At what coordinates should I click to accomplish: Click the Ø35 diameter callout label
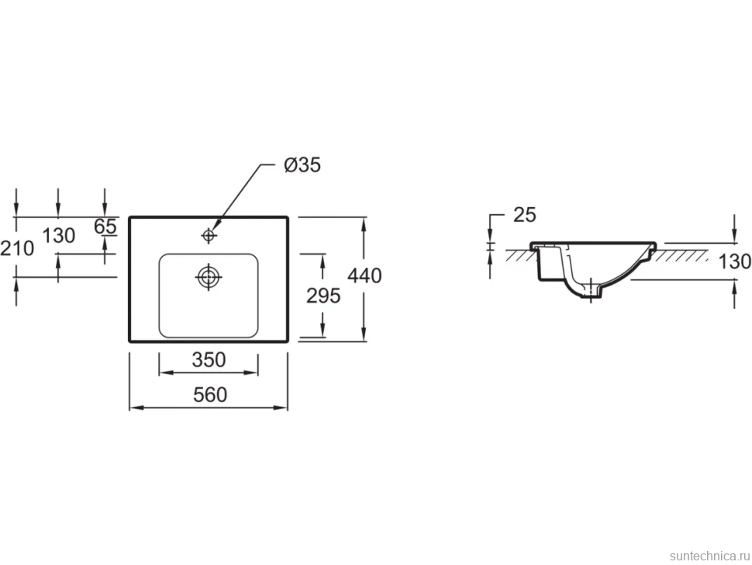click(x=302, y=165)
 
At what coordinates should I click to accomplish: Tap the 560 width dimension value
click(x=210, y=395)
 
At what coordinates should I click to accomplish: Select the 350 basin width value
click(x=209, y=359)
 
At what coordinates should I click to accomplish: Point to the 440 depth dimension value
click(x=364, y=276)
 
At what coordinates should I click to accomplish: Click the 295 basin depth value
click(x=323, y=296)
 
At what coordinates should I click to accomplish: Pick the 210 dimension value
click(x=17, y=248)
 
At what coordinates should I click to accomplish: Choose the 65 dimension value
click(x=105, y=226)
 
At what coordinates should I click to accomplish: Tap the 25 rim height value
click(x=525, y=215)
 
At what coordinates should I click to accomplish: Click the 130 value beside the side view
click(x=735, y=262)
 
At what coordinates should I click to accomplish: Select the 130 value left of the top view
click(x=58, y=236)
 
